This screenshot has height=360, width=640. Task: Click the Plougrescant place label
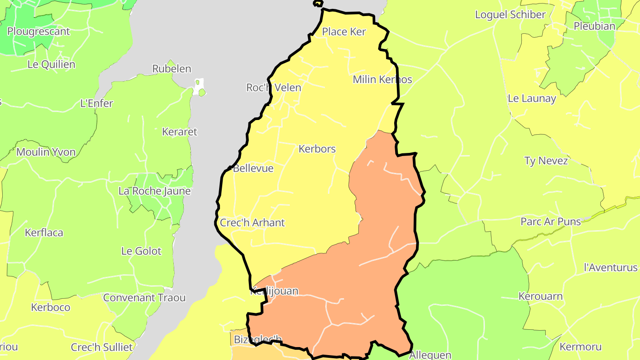tap(39, 32)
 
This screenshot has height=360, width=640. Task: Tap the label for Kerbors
tap(317, 149)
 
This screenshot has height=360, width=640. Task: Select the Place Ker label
tap(344, 32)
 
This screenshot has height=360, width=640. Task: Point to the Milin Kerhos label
tap(382, 80)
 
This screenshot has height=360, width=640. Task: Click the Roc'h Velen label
tap(274, 88)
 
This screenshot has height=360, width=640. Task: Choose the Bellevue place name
tap(253, 168)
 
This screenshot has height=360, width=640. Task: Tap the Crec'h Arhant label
tap(252, 223)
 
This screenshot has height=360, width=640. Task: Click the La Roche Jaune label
tap(154, 191)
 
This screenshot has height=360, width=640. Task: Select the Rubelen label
tap(172, 69)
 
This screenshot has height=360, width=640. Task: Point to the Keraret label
tap(179, 132)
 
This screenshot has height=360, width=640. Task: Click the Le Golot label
tap(141, 251)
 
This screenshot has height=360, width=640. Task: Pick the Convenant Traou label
tap(144, 298)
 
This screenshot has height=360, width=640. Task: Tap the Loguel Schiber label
tap(510, 15)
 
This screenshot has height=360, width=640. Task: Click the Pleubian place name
tap(594, 26)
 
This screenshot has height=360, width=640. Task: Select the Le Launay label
tap(532, 99)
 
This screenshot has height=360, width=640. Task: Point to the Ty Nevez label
tap(546, 161)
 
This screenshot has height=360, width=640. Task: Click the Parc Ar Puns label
tap(551, 221)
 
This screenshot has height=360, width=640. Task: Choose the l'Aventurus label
tap(610, 268)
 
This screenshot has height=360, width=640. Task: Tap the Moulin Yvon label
tap(46, 152)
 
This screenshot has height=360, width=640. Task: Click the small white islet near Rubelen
tap(199, 84)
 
